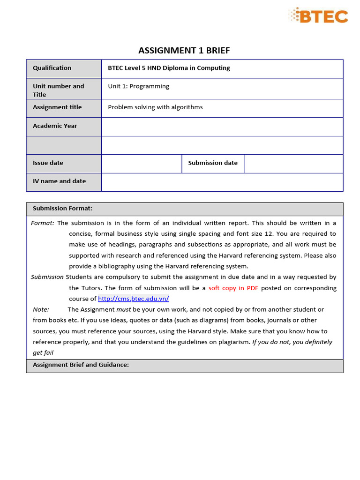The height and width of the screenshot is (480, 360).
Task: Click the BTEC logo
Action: (x=318, y=16)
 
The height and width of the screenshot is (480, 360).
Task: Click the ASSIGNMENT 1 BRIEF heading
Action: (x=184, y=51)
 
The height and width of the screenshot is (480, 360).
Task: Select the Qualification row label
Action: (x=52, y=68)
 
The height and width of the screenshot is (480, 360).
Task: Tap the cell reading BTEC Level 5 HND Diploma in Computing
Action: (x=169, y=68)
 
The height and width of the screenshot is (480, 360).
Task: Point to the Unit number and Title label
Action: (x=58, y=90)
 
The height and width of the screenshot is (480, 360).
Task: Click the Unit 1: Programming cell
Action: (x=138, y=86)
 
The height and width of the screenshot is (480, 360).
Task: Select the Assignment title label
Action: (x=57, y=107)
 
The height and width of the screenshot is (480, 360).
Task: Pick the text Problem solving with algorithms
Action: (x=155, y=107)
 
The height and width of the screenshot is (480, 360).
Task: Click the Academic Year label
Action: (x=55, y=126)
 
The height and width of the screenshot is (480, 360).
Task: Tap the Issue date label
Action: (x=48, y=163)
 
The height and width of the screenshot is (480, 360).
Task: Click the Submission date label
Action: (x=213, y=163)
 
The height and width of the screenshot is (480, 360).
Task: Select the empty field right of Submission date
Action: (x=293, y=164)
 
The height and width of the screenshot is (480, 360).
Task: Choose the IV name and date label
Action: (x=59, y=181)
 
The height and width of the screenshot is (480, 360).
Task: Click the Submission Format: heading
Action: (x=62, y=208)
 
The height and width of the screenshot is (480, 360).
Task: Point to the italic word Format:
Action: (x=43, y=223)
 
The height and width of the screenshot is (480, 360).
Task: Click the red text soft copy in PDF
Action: (x=233, y=288)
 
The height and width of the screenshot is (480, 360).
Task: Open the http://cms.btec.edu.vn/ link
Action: (x=133, y=299)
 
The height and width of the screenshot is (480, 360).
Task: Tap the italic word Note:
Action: (x=41, y=309)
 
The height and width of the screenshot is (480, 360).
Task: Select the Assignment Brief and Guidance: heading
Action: (x=81, y=365)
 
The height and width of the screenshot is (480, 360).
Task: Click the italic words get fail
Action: (x=43, y=353)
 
